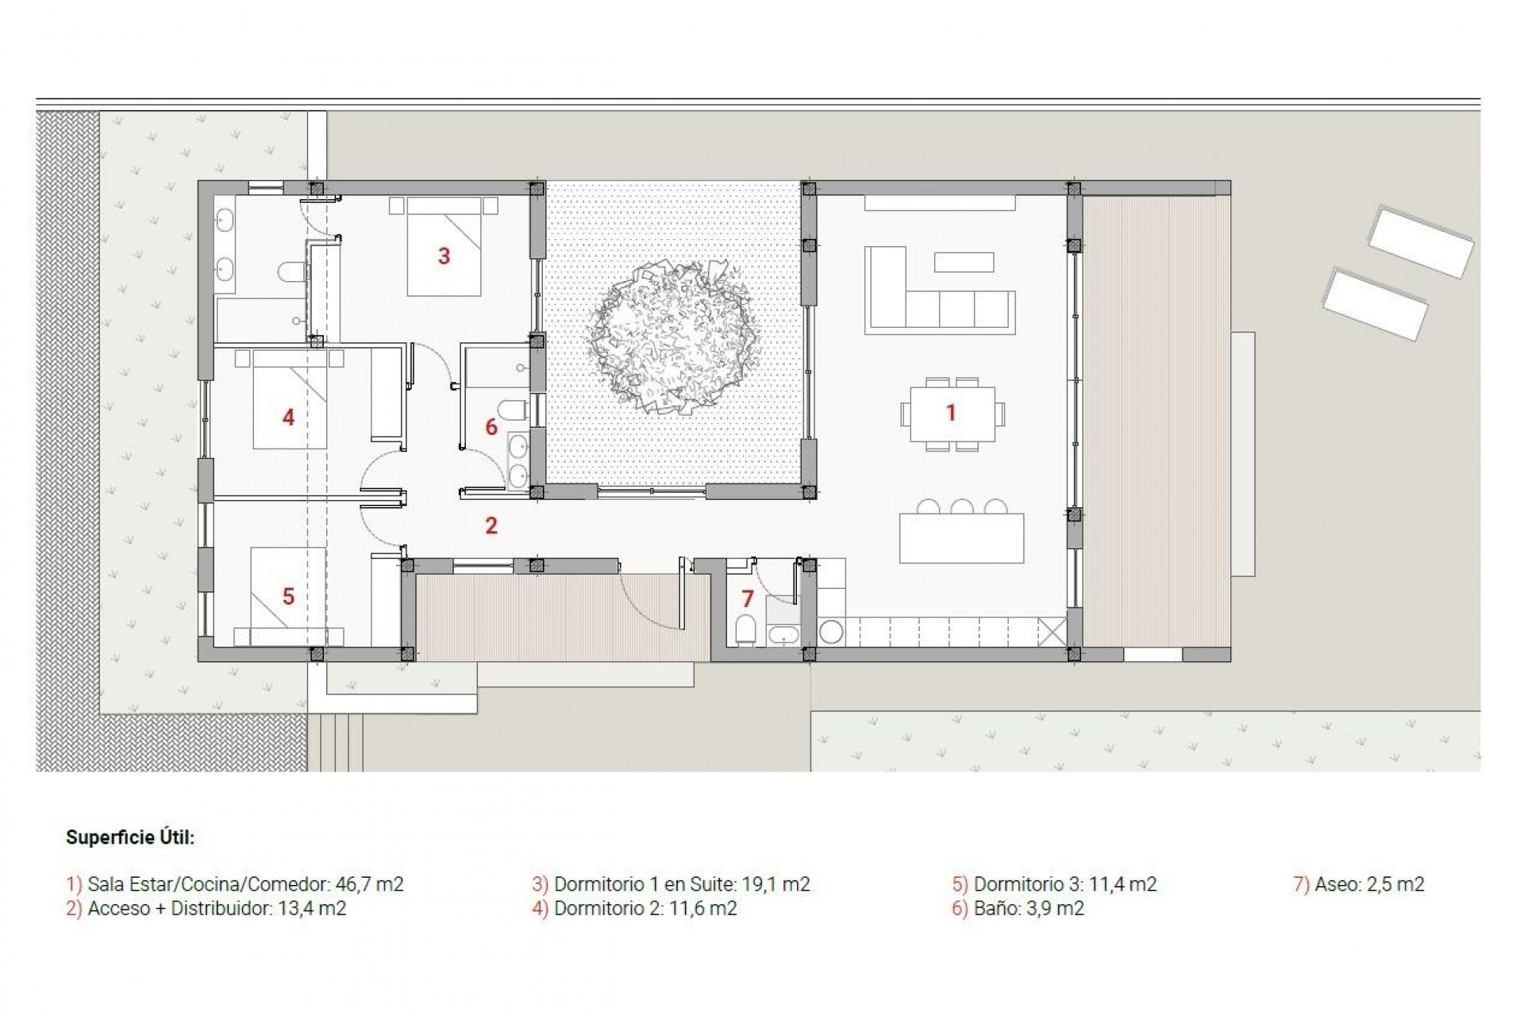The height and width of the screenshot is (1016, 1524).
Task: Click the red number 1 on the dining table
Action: [x=950, y=413]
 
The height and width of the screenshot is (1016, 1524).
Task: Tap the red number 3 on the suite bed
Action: [x=444, y=256]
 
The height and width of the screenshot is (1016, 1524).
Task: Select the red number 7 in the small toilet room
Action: [x=747, y=598]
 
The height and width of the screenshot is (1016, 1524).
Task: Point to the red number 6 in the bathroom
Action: [x=491, y=427]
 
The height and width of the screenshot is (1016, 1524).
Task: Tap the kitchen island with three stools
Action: [x=961, y=538]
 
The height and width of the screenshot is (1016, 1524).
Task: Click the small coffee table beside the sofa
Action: [x=964, y=262]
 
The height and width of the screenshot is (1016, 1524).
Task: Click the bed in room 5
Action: [x=287, y=591]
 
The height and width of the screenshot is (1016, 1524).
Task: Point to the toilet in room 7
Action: [x=745, y=629]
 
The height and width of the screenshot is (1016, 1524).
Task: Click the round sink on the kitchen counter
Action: [x=831, y=632]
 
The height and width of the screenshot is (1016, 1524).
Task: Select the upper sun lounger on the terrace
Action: [x=1421, y=241]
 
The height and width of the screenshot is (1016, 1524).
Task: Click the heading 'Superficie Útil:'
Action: [x=130, y=837]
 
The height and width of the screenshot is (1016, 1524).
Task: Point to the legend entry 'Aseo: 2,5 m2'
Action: [x=1360, y=884]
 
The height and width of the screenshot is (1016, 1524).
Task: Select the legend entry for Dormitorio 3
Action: [x=1055, y=884]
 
